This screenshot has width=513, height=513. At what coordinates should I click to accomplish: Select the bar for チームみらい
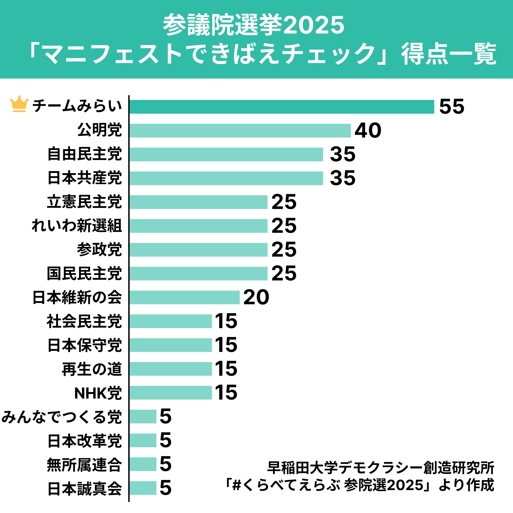(281, 107)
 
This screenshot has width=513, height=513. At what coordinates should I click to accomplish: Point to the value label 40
(368, 131)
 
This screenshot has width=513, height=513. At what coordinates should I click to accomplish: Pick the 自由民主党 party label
(84, 154)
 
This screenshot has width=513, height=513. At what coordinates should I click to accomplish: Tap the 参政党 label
(99, 250)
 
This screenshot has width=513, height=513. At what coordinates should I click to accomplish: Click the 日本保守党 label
(84, 345)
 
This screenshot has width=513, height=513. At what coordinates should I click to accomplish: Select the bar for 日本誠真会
(143, 488)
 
